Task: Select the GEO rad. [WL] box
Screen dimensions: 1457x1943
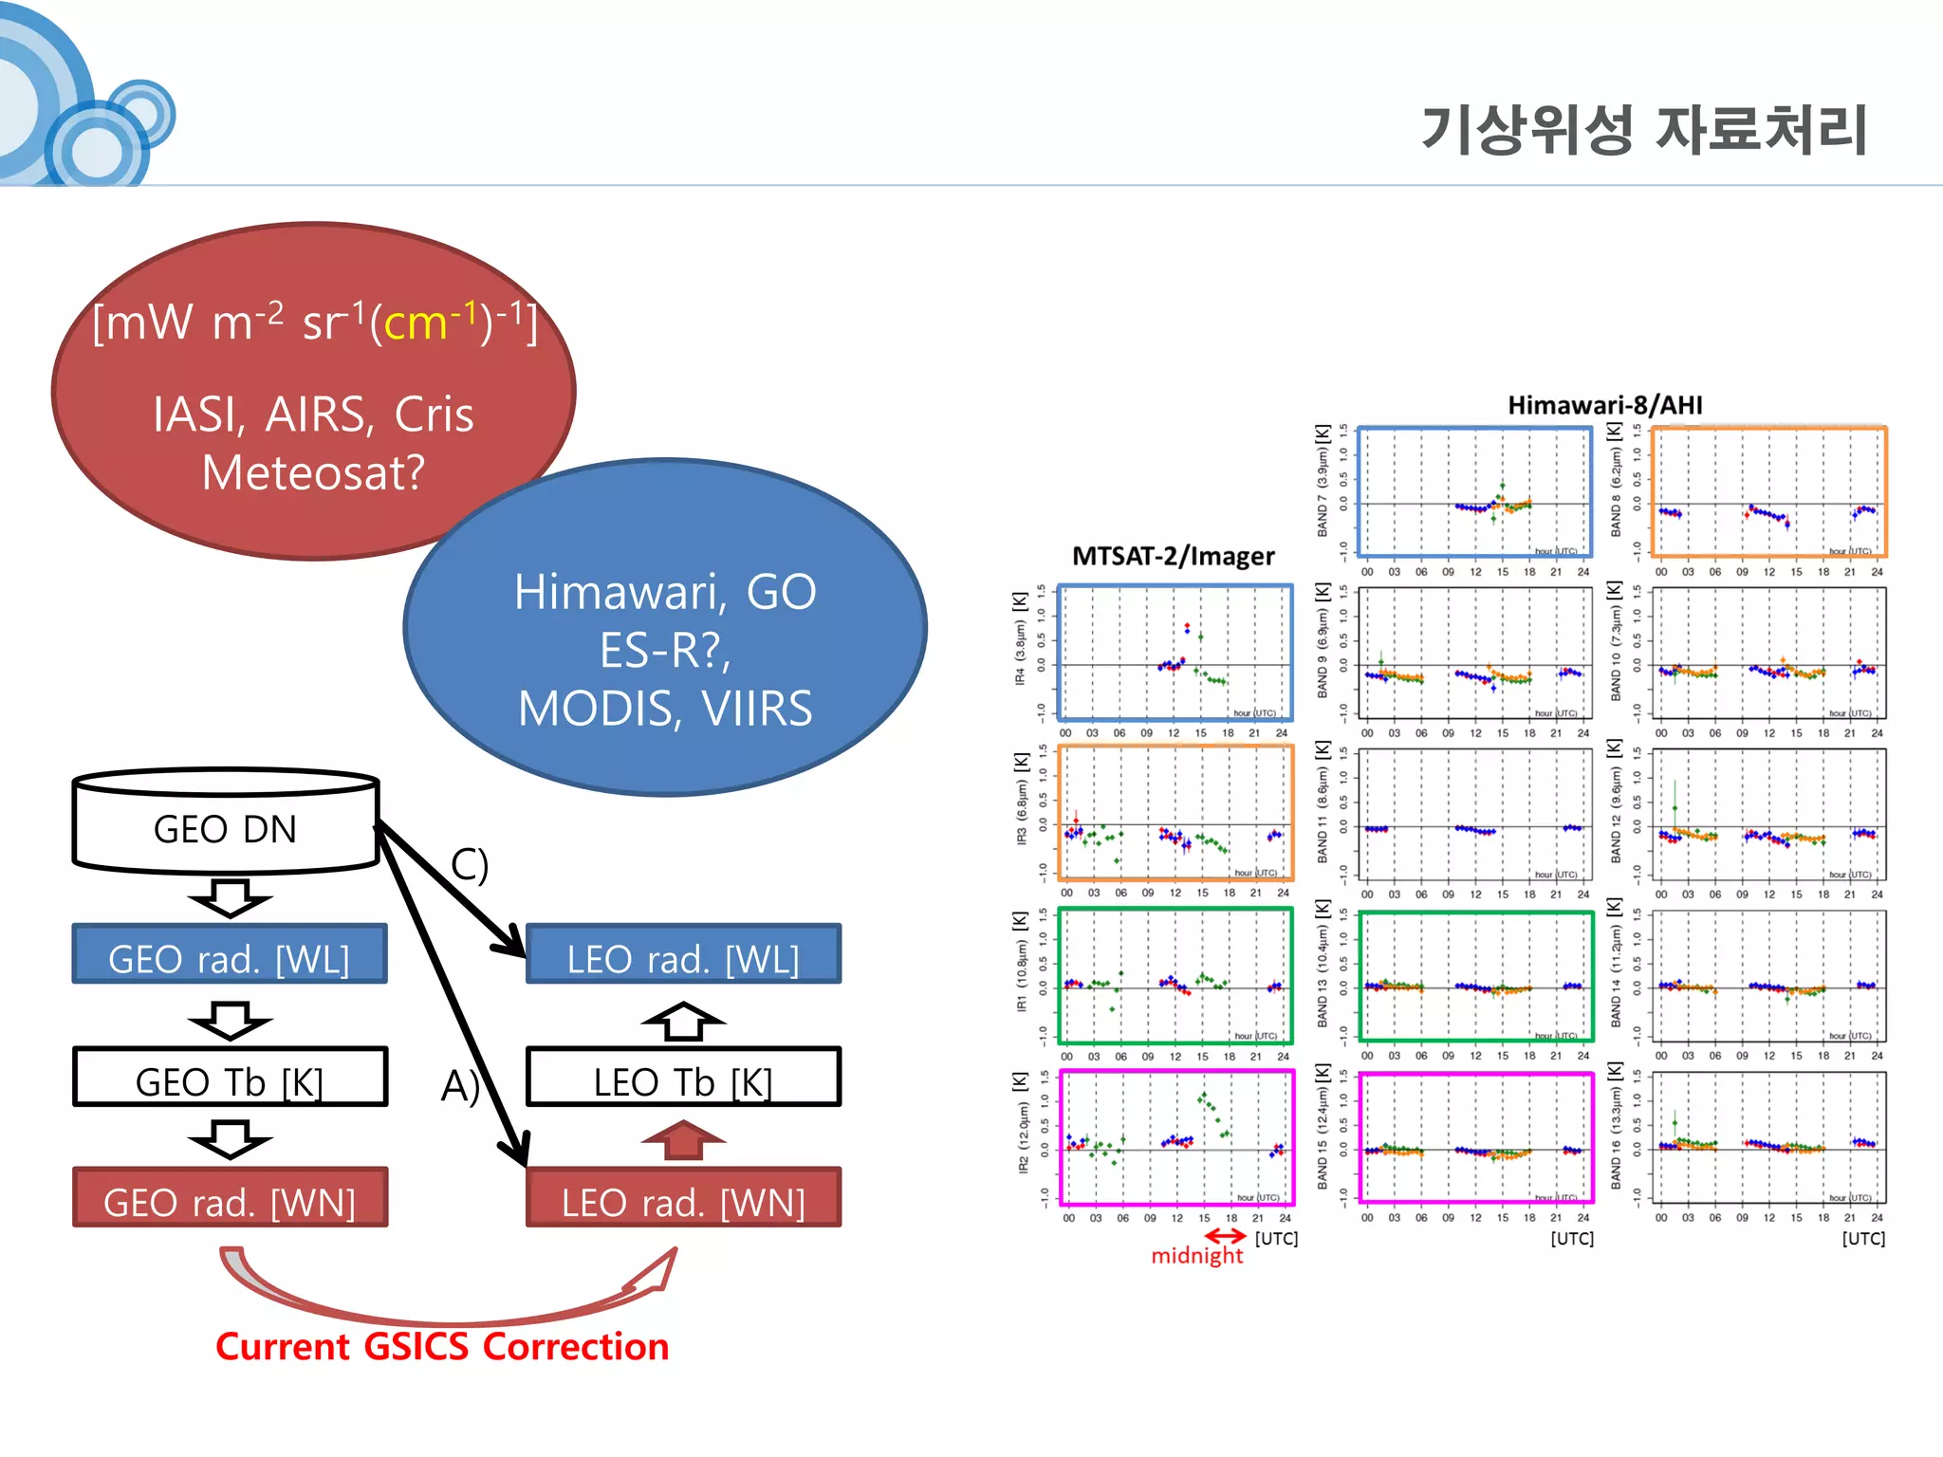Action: pyautogui.click(x=230, y=956)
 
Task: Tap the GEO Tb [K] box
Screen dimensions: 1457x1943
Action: pyautogui.click(x=230, y=1079)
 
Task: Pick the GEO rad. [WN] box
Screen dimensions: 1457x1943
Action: pyautogui.click(x=230, y=1200)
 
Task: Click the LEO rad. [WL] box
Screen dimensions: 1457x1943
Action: pyautogui.click(x=683, y=956)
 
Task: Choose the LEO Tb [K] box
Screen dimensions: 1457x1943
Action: pyautogui.click(x=683, y=1079)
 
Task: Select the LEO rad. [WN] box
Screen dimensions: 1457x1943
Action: pyautogui.click(x=683, y=1200)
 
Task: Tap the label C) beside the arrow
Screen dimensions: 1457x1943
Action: pyautogui.click(x=470, y=865)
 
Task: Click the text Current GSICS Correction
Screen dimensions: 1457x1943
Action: pyautogui.click(x=442, y=1347)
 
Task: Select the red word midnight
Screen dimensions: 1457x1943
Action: pyautogui.click(x=1196, y=1256)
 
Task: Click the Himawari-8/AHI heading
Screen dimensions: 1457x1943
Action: pyautogui.click(x=1605, y=406)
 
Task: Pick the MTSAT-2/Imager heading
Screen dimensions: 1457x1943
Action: pyautogui.click(x=1173, y=556)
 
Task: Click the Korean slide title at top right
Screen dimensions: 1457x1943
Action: pyautogui.click(x=1644, y=130)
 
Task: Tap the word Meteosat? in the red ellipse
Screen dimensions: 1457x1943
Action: pyautogui.click(x=313, y=472)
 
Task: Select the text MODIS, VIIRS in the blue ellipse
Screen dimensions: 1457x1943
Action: pyautogui.click(x=665, y=709)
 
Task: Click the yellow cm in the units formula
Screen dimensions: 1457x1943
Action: pyautogui.click(x=415, y=324)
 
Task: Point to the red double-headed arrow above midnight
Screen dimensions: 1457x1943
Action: pyautogui.click(x=1225, y=1236)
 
